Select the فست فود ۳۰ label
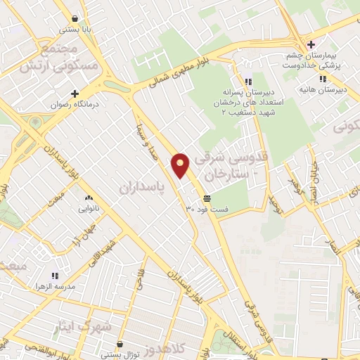point(207,209)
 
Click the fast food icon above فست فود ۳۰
point(207,198)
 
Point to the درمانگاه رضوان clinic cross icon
point(75,93)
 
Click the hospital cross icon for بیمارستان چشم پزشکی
point(321,44)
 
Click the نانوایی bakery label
point(89,209)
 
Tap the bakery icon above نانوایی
point(89,198)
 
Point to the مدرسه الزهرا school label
point(54,288)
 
